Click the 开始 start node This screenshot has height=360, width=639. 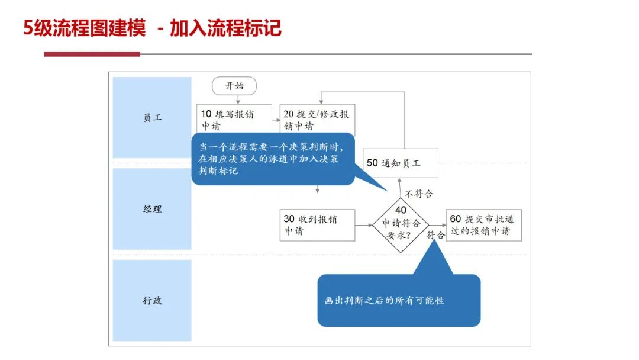234,86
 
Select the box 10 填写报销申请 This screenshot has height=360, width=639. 234,118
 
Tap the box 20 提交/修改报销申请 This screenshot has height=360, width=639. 317,118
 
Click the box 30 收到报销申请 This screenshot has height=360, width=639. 318,225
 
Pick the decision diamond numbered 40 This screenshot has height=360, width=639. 401,225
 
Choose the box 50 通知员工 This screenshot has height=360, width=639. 401,163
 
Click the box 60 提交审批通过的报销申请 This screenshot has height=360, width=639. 484,225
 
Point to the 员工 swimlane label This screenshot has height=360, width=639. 152,117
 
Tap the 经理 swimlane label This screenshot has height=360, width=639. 152,209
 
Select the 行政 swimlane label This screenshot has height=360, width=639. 152,300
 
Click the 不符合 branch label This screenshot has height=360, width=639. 419,194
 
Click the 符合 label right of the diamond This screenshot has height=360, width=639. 435,235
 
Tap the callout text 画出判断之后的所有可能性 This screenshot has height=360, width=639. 385,300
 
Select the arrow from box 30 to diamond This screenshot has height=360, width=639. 363,225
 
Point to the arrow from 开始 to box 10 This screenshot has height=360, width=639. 238,100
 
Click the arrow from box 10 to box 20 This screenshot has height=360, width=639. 276,120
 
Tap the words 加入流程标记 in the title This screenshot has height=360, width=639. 225,28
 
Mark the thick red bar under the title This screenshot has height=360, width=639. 92,54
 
